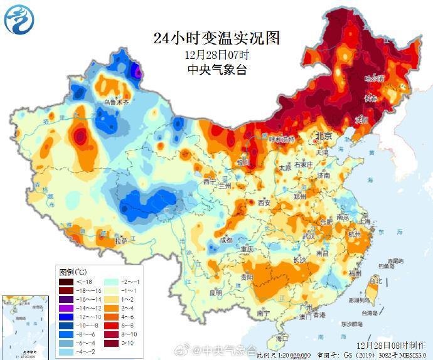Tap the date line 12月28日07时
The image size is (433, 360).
click(216, 55)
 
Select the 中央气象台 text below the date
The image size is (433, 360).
click(216, 70)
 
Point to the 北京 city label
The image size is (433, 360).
click(323, 136)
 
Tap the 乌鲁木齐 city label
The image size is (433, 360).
click(117, 102)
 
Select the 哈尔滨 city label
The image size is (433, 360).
click(375, 79)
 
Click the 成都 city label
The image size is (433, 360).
click(225, 240)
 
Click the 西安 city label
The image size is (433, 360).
click(264, 203)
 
